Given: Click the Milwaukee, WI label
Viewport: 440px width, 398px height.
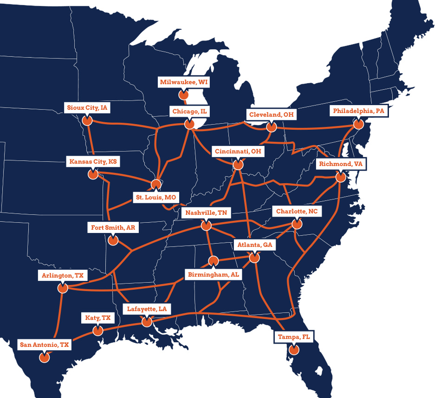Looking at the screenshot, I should coord(184,82).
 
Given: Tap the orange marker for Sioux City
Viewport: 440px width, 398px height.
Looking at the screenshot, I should coord(86,120).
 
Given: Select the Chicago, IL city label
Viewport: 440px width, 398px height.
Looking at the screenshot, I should coord(189,112).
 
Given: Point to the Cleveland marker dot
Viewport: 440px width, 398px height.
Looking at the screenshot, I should coord(271,126).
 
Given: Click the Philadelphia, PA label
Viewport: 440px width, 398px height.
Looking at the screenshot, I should coord(359,112).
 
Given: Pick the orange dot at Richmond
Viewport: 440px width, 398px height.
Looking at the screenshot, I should coord(341,177).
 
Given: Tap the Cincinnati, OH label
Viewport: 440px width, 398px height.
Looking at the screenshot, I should coord(238,152).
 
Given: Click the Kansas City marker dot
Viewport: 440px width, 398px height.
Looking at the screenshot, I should coord(93,174).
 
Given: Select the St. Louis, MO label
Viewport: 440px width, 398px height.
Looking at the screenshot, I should coord(155,198).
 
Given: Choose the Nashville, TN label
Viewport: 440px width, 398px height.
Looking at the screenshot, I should coord(206,213).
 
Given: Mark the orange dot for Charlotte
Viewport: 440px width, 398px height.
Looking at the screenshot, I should coord(296,224).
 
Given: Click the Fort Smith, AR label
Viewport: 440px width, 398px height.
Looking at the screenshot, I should coord(113,228).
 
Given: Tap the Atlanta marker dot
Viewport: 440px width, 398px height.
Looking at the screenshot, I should coord(254,257).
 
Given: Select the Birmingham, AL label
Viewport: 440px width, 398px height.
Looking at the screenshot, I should coord(213,275).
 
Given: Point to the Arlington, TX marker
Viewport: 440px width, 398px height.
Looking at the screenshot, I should coord(63,288).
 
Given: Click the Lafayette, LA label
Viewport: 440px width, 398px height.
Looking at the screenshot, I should coord(147,309).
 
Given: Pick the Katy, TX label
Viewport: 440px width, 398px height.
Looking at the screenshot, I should coord(98,318).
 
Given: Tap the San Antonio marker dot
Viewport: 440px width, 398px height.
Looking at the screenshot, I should coord(44,358).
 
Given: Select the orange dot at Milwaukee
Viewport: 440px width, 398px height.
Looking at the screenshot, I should coord(184,95).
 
